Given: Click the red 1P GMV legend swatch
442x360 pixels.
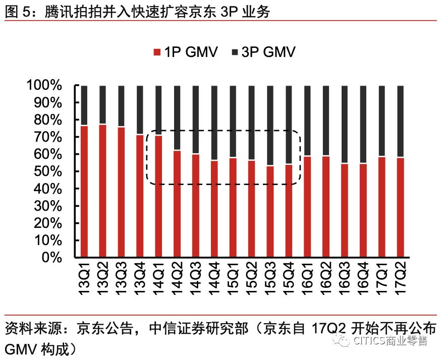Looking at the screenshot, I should click(x=156, y=52).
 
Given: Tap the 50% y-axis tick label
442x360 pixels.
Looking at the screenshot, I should click(x=46, y=171).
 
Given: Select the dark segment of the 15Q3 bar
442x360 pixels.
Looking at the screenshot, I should click(x=270, y=126).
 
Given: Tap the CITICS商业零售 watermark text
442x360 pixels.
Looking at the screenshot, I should click(x=391, y=342).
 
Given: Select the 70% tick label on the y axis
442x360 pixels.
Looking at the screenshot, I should click(x=46, y=137).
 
